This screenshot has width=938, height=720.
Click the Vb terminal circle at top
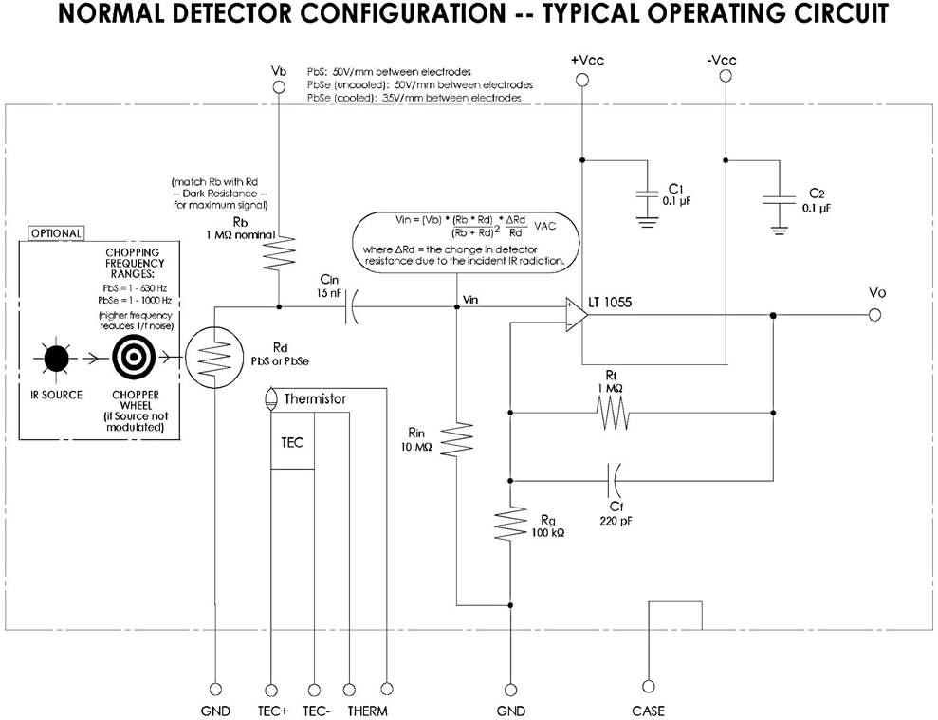279,87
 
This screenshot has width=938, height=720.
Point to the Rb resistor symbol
279,253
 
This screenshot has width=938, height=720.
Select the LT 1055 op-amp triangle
575,315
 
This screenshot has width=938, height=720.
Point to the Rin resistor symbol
457,440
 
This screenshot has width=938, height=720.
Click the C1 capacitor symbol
647,194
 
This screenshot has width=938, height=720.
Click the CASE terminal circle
649,687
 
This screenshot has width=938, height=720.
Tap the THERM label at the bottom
366,711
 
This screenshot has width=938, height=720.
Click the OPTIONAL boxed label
56,232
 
